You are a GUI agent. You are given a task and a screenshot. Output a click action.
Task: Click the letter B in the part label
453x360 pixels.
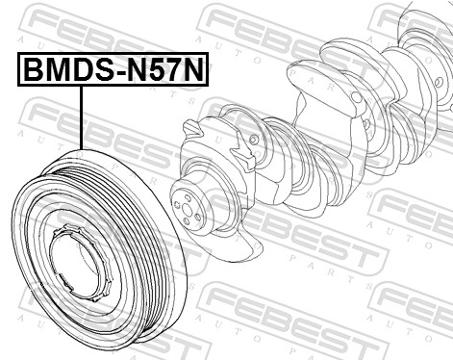point(34,71)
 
